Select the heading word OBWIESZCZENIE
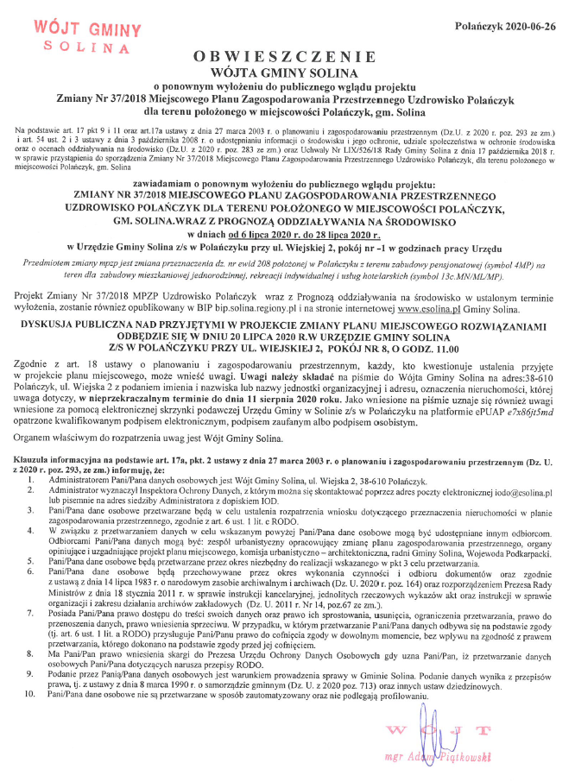coord(287,55)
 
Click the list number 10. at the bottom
coord(32,669)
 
